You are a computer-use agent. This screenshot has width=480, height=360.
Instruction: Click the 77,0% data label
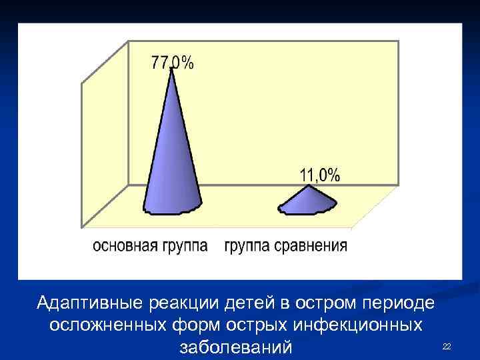pyautogui.click(x=173, y=63)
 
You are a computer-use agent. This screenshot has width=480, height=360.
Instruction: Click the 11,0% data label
pyautogui.click(x=319, y=175)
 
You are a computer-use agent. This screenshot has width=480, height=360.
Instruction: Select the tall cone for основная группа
pyautogui.click(x=173, y=160)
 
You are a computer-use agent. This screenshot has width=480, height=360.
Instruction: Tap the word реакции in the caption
pyautogui.click(x=174, y=303)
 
